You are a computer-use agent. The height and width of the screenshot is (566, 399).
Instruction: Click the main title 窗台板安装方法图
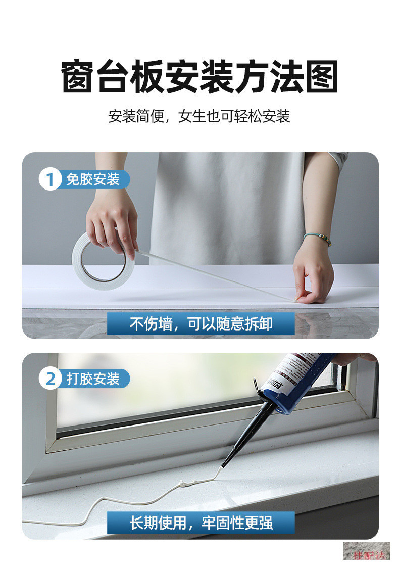tap(199, 77)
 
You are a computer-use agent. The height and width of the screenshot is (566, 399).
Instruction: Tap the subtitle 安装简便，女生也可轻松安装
tap(199, 117)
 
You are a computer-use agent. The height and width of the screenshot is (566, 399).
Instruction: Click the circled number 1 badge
tap(50, 179)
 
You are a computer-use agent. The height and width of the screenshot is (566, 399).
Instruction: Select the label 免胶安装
tap(93, 179)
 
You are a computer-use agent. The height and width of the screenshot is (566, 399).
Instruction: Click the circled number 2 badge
tap(50, 379)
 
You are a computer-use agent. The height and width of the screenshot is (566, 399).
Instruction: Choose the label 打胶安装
tap(93, 379)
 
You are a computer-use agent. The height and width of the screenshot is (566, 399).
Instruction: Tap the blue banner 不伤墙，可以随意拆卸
tap(201, 323)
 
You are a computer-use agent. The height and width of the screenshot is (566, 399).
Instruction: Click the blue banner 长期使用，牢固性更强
tap(201, 523)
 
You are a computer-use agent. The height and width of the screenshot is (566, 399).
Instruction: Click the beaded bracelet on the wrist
tap(318, 239)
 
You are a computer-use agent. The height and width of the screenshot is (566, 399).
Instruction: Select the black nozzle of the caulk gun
tap(247, 430)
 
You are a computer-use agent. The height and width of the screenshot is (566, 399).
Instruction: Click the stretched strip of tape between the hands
tap(212, 277)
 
